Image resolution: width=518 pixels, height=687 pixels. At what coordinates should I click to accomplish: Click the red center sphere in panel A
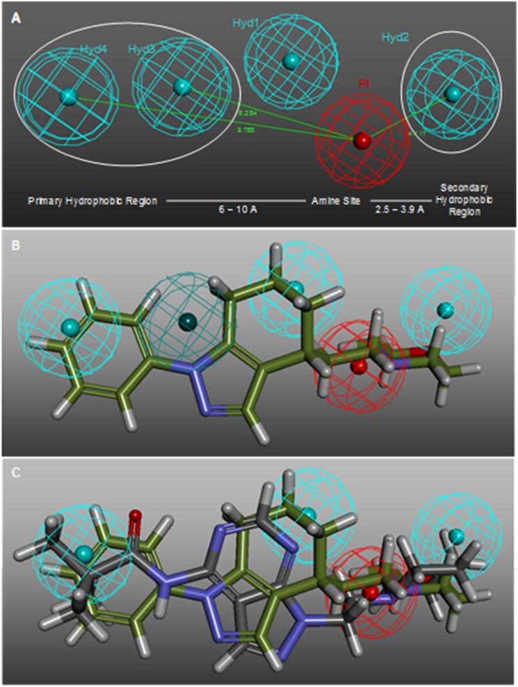(362, 141)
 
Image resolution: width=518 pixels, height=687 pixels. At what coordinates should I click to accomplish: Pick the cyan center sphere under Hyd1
(291, 62)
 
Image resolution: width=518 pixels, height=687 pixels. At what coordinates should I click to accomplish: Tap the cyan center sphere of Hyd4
(68, 97)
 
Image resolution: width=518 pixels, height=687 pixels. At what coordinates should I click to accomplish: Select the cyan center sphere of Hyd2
(453, 93)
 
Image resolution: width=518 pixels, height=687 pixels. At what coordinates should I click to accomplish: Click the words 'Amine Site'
(330, 200)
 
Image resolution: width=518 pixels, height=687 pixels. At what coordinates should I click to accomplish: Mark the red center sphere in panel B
(358, 367)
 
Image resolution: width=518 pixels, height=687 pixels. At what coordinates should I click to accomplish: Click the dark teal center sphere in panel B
(187, 322)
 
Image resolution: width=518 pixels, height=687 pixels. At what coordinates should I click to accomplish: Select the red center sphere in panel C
(373, 593)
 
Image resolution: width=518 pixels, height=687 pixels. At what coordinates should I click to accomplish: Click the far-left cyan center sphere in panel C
(83, 554)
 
